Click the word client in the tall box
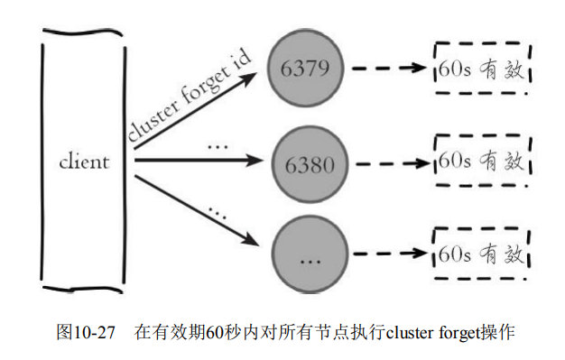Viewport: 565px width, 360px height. coord(84,162)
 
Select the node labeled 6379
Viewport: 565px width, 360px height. coord(305,68)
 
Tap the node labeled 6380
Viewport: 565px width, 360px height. coord(310,164)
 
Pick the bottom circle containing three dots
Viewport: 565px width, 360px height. coord(310,254)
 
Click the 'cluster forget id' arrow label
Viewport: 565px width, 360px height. coord(190,96)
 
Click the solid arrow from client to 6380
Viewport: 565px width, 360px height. coord(199,160)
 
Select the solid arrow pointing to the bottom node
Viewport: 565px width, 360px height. coord(197,211)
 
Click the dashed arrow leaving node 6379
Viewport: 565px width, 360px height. coord(389,68)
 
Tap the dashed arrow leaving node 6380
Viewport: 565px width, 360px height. coord(393,164)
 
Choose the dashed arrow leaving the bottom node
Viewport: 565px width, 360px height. coord(391,254)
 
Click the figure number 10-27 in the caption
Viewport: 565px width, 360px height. coord(94,332)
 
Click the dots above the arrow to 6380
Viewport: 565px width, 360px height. coord(218,147)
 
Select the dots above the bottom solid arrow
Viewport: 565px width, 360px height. coord(218,212)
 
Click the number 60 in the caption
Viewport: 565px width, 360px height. coord(213,332)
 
